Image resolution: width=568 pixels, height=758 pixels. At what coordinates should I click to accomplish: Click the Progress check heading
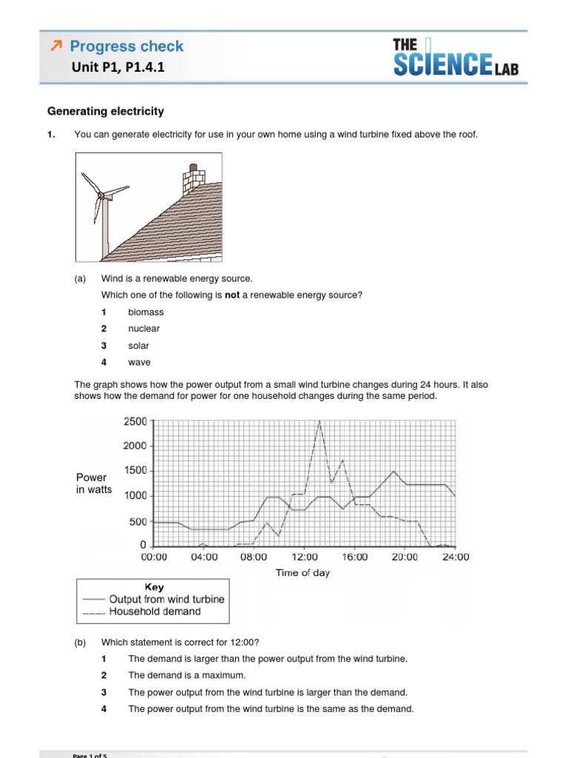pyautogui.click(x=126, y=46)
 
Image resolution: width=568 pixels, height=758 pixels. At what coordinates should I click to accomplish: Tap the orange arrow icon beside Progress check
pyautogui.click(x=55, y=46)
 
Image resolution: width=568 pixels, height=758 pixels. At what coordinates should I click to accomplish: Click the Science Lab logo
pyautogui.click(x=455, y=58)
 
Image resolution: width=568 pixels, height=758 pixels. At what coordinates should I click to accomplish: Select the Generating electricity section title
pyautogui.click(x=106, y=112)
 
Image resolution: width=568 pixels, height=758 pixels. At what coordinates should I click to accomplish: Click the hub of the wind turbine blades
pyautogui.click(x=100, y=195)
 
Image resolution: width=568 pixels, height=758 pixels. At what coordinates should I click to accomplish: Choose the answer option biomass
pyautogui.click(x=146, y=312)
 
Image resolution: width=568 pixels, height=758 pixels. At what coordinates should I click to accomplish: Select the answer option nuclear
pyautogui.click(x=143, y=329)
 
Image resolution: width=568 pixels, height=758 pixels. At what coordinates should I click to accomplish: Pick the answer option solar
pyautogui.click(x=138, y=346)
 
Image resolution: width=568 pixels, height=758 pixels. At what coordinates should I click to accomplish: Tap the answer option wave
pyautogui.click(x=139, y=362)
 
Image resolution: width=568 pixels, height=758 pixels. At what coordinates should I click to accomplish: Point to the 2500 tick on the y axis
pyautogui.click(x=135, y=421)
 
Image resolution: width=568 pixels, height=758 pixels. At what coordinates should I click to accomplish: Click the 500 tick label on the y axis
pyautogui.click(x=138, y=522)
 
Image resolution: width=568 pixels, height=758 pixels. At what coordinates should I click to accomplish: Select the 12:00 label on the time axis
pyautogui.click(x=305, y=557)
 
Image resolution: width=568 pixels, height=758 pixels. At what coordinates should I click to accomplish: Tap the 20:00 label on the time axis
pyautogui.click(x=405, y=557)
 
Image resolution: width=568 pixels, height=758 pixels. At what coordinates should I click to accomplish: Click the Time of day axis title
pyautogui.click(x=302, y=573)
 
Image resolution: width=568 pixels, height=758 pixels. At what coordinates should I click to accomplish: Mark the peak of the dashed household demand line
pyautogui.click(x=319, y=421)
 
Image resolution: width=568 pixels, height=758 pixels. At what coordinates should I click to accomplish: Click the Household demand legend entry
pyautogui.click(x=155, y=611)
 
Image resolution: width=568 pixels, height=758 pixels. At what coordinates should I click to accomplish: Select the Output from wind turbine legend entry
pyautogui.click(x=166, y=599)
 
